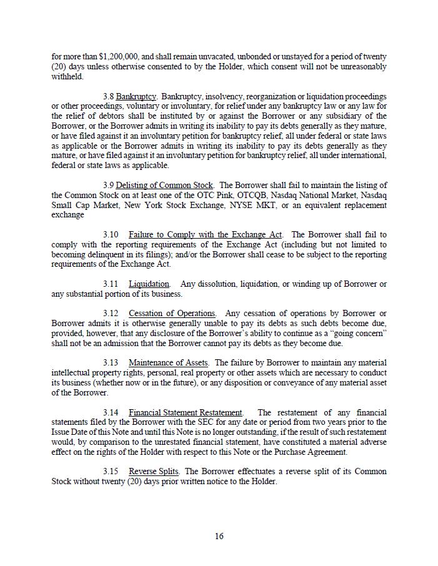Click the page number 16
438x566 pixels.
219,536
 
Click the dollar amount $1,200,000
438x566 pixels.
120,56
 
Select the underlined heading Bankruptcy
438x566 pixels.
136,97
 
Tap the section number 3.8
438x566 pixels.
108,97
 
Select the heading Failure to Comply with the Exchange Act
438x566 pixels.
206,235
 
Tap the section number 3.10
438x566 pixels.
111,235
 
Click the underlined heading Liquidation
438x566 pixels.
149,284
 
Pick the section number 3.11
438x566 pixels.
111,284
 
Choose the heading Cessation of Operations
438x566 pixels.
172,314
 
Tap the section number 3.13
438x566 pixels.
111,363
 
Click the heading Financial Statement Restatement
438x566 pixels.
185,412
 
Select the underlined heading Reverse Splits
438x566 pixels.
154,472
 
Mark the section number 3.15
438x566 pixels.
111,472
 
